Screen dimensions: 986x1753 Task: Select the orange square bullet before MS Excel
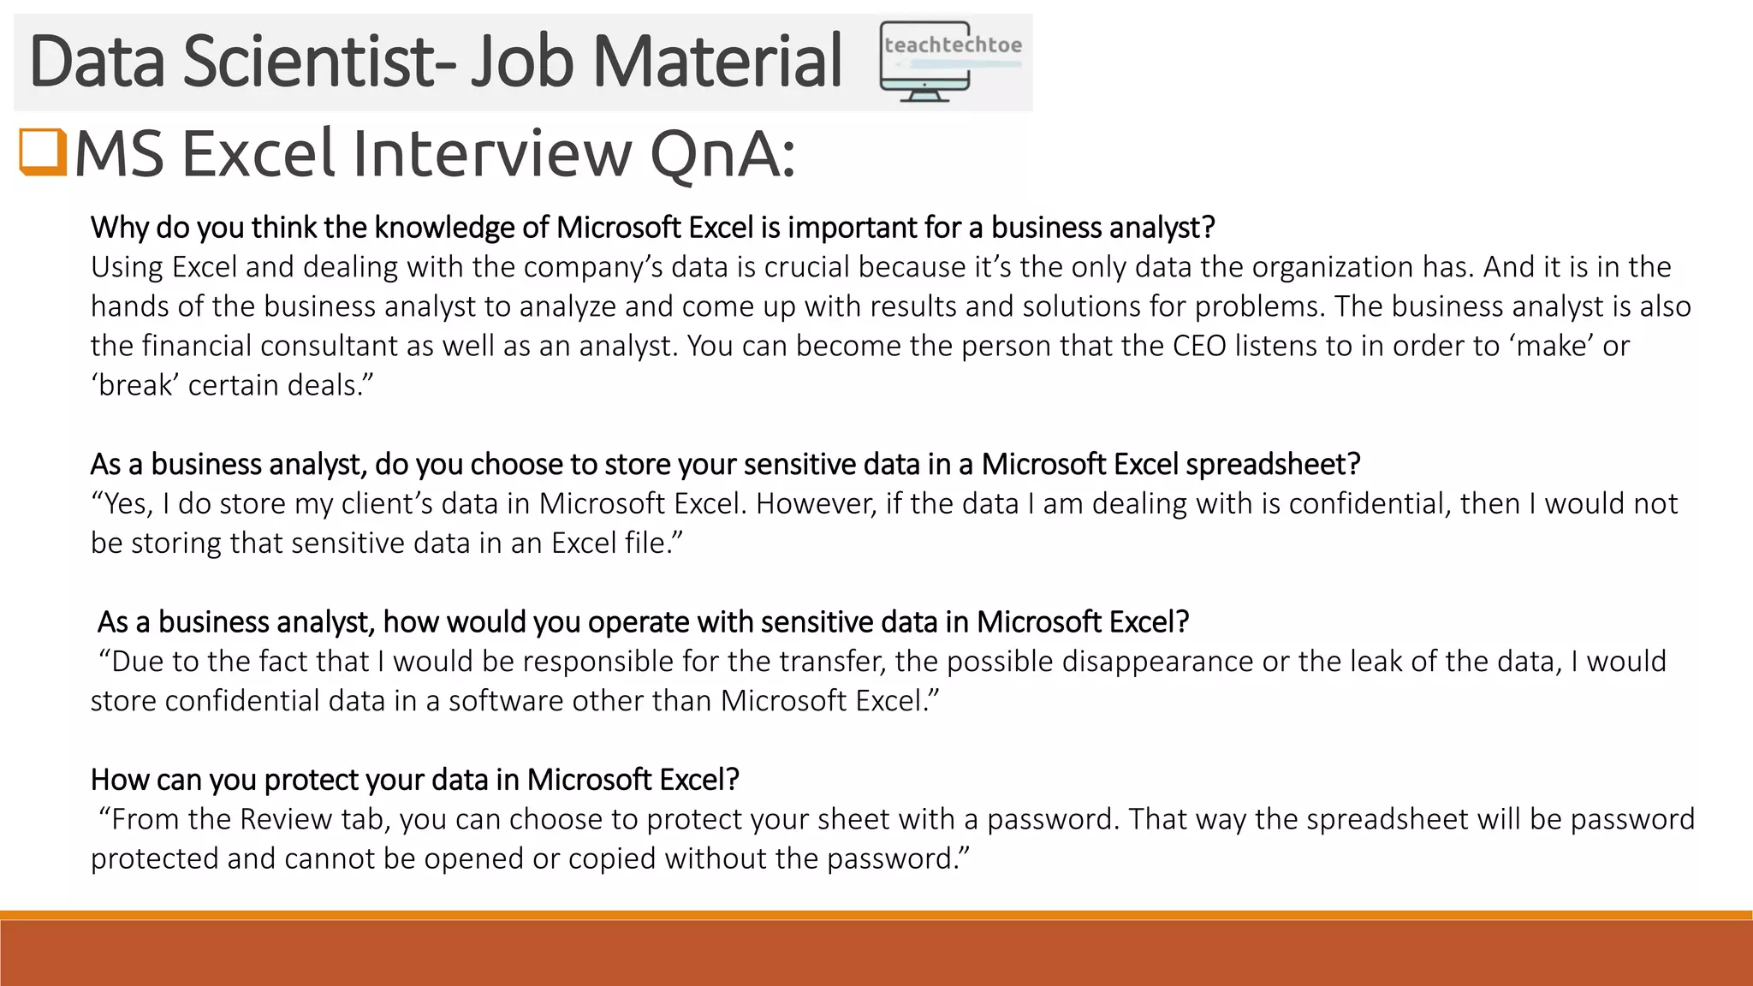click(42, 151)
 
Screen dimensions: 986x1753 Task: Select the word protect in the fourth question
click(312, 780)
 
